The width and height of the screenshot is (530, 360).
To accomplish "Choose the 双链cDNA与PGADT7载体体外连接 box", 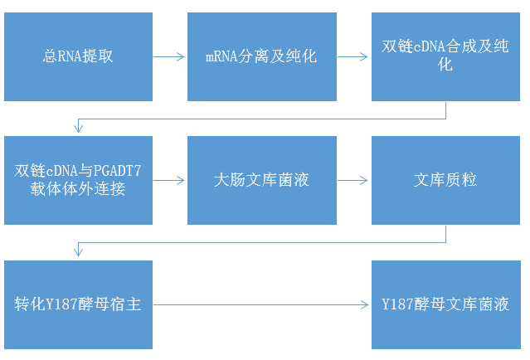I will click(78, 180).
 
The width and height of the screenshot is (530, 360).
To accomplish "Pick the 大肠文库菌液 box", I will click(261, 180).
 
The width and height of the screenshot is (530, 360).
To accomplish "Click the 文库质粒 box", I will click(445, 180).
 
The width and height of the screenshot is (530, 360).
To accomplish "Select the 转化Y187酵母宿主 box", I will click(78, 304).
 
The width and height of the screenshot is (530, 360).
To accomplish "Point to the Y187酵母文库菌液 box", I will click(445, 304).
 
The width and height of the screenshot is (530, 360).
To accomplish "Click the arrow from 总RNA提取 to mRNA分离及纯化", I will click(169, 57).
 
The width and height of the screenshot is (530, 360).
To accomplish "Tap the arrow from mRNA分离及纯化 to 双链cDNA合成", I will click(353, 57).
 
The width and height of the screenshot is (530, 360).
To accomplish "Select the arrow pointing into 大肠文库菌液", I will click(169, 180).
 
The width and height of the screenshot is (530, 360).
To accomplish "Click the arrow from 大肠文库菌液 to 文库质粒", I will click(353, 180).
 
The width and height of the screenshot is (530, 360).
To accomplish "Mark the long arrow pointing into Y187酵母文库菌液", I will click(261, 304).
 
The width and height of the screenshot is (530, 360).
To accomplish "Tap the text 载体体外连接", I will click(78, 188).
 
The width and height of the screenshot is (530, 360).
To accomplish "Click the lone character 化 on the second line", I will click(445, 66).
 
